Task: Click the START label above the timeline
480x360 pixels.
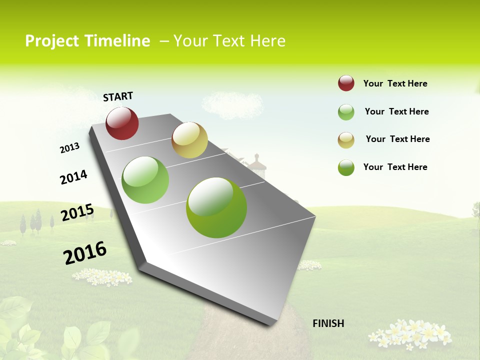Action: coord(118,96)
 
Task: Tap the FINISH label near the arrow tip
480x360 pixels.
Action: coord(328,323)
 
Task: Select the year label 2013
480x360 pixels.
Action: coord(70,148)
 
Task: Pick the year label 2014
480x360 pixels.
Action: coord(73,177)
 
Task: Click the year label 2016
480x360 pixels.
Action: coord(85,253)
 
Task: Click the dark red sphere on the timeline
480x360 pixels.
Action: coord(122,123)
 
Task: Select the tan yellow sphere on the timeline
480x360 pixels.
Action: coord(189,140)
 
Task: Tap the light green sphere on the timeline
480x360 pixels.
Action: coord(145,180)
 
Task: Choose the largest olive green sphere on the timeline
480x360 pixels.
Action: coord(216,207)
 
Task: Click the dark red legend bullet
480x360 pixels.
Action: coord(346,83)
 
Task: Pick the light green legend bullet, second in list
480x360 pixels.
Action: coord(346,112)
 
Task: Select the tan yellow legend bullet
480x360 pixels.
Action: coord(346,140)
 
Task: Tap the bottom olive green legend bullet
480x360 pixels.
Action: coord(346,167)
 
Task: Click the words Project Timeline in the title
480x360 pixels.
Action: coord(87,41)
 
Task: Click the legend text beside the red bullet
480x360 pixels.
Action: coord(395,83)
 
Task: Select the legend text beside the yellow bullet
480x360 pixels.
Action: coord(397,139)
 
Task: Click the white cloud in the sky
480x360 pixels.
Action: coord(232,103)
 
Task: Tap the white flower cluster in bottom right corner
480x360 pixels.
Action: coord(410,333)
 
